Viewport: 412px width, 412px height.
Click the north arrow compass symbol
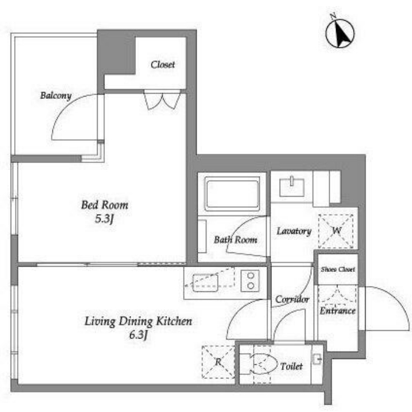[340, 32]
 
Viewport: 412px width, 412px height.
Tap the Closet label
[162, 64]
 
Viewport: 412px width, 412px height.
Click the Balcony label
[56, 95]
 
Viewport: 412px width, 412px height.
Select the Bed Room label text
[105, 205]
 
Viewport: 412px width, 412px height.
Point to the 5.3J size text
[104, 218]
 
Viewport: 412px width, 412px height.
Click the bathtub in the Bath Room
[232, 194]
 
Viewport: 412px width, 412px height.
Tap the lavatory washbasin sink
[292, 187]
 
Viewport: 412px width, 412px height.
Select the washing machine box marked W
[336, 231]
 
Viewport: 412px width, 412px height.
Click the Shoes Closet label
[338, 270]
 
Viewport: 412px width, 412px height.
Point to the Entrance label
[338, 311]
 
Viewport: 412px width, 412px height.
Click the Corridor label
[292, 299]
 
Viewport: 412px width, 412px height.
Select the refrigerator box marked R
[218, 362]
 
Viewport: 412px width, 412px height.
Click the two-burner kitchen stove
[250, 281]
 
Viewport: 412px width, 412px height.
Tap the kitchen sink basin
[205, 283]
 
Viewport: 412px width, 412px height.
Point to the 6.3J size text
[138, 335]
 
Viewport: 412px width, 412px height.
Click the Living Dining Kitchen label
[138, 321]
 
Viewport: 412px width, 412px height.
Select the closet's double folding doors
[162, 99]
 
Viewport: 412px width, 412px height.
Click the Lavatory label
[294, 231]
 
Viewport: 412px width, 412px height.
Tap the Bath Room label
[235, 240]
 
